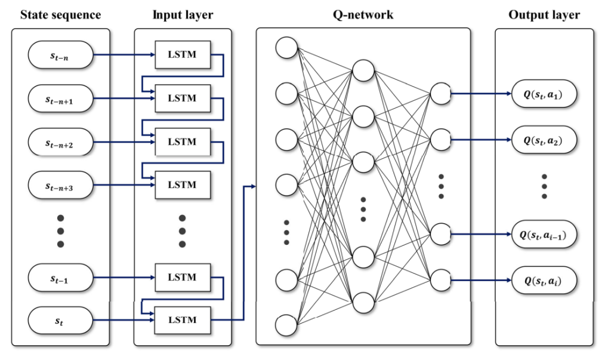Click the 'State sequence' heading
[60, 15]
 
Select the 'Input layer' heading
[183, 15]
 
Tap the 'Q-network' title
[363, 15]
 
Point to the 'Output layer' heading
[544, 15]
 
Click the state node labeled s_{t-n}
[60, 56]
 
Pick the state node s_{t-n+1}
[60, 99]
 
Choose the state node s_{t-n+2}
[60, 143]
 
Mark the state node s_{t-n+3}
[60, 186]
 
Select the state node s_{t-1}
[60, 278]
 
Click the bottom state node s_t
[60, 321]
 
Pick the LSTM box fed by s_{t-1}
[183, 278]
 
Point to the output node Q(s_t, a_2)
[544, 140]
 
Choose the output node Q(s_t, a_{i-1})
[544, 233]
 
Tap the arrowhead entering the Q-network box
[253, 186]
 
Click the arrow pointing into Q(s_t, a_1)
[507, 94]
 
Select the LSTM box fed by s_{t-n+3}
[183, 186]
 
